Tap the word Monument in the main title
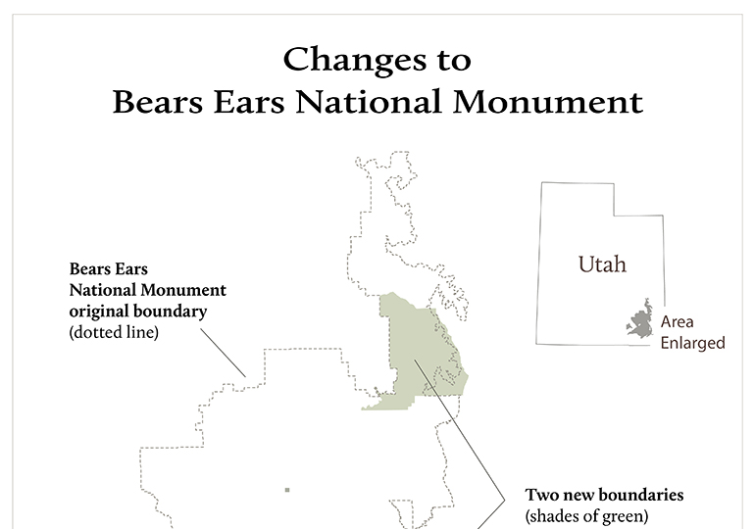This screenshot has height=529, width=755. click(547, 102)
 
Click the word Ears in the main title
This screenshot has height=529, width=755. click(249, 102)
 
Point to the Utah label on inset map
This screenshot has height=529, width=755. click(602, 264)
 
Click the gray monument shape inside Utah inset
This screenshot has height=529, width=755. click(640, 319)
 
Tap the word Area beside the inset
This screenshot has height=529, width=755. click(677, 321)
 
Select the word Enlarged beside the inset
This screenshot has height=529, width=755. click(692, 343)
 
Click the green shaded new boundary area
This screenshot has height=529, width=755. click(419, 351)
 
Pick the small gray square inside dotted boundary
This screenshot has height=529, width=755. click(287, 490)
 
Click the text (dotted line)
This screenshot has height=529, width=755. click(114, 332)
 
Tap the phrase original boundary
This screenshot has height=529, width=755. click(137, 312)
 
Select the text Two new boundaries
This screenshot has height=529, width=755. click(604, 495)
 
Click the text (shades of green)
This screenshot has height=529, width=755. click(586, 516)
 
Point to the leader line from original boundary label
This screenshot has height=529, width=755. click(223, 353)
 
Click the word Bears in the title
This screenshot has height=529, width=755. click(158, 102)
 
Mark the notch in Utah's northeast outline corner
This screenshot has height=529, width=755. click(614, 215)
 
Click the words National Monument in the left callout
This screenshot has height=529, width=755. click(147, 290)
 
